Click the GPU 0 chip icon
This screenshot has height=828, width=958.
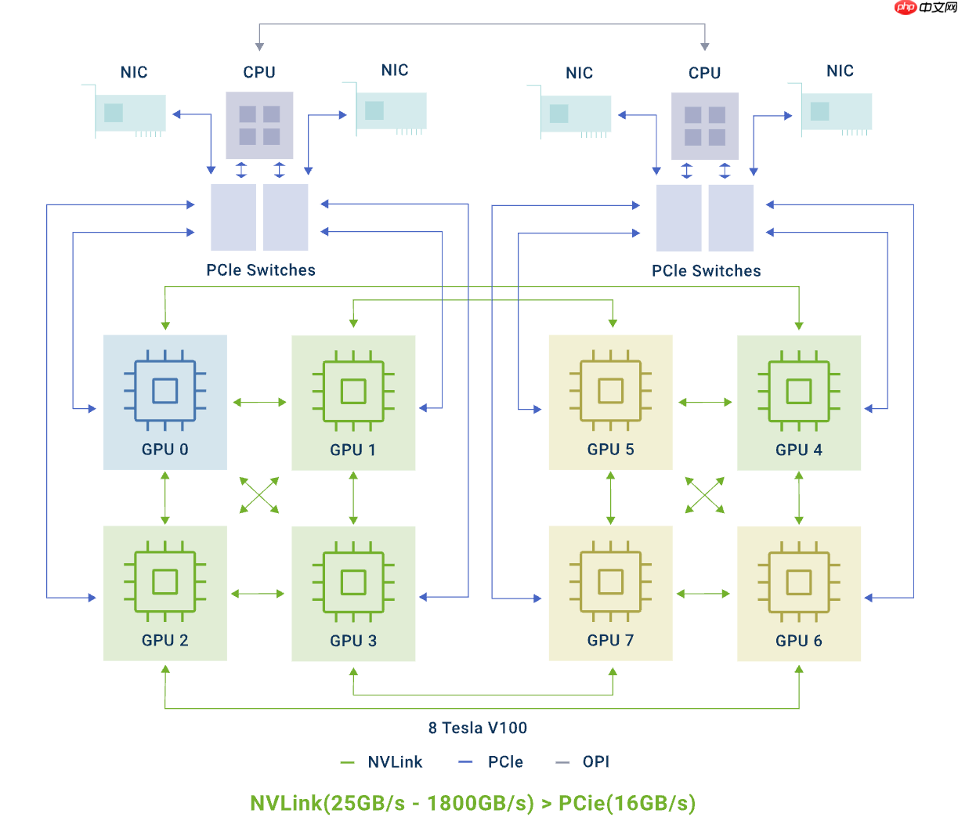coord(164,390)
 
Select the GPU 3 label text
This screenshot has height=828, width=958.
coord(353,641)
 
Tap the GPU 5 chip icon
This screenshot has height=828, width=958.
coord(610,390)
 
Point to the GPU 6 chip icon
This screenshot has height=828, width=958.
coord(798,582)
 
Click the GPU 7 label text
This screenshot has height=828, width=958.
coord(610,641)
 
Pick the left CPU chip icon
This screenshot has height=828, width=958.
coord(259,125)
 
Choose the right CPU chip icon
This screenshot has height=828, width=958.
coord(704,126)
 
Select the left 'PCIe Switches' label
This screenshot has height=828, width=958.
coord(261,270)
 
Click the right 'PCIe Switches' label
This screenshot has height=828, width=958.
coord(706,271)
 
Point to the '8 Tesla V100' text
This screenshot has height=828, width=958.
coord(477,728)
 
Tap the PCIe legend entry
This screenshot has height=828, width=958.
coord(491,762)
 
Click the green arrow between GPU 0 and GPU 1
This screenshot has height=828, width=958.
coord(259,403)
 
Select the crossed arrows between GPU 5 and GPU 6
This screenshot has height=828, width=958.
coord(705,496)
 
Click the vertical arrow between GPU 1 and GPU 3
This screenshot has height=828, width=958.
coord(353,498)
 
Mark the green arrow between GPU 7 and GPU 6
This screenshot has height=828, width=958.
coord(703,594)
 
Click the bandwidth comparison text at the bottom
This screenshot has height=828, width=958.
coord(472,804)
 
